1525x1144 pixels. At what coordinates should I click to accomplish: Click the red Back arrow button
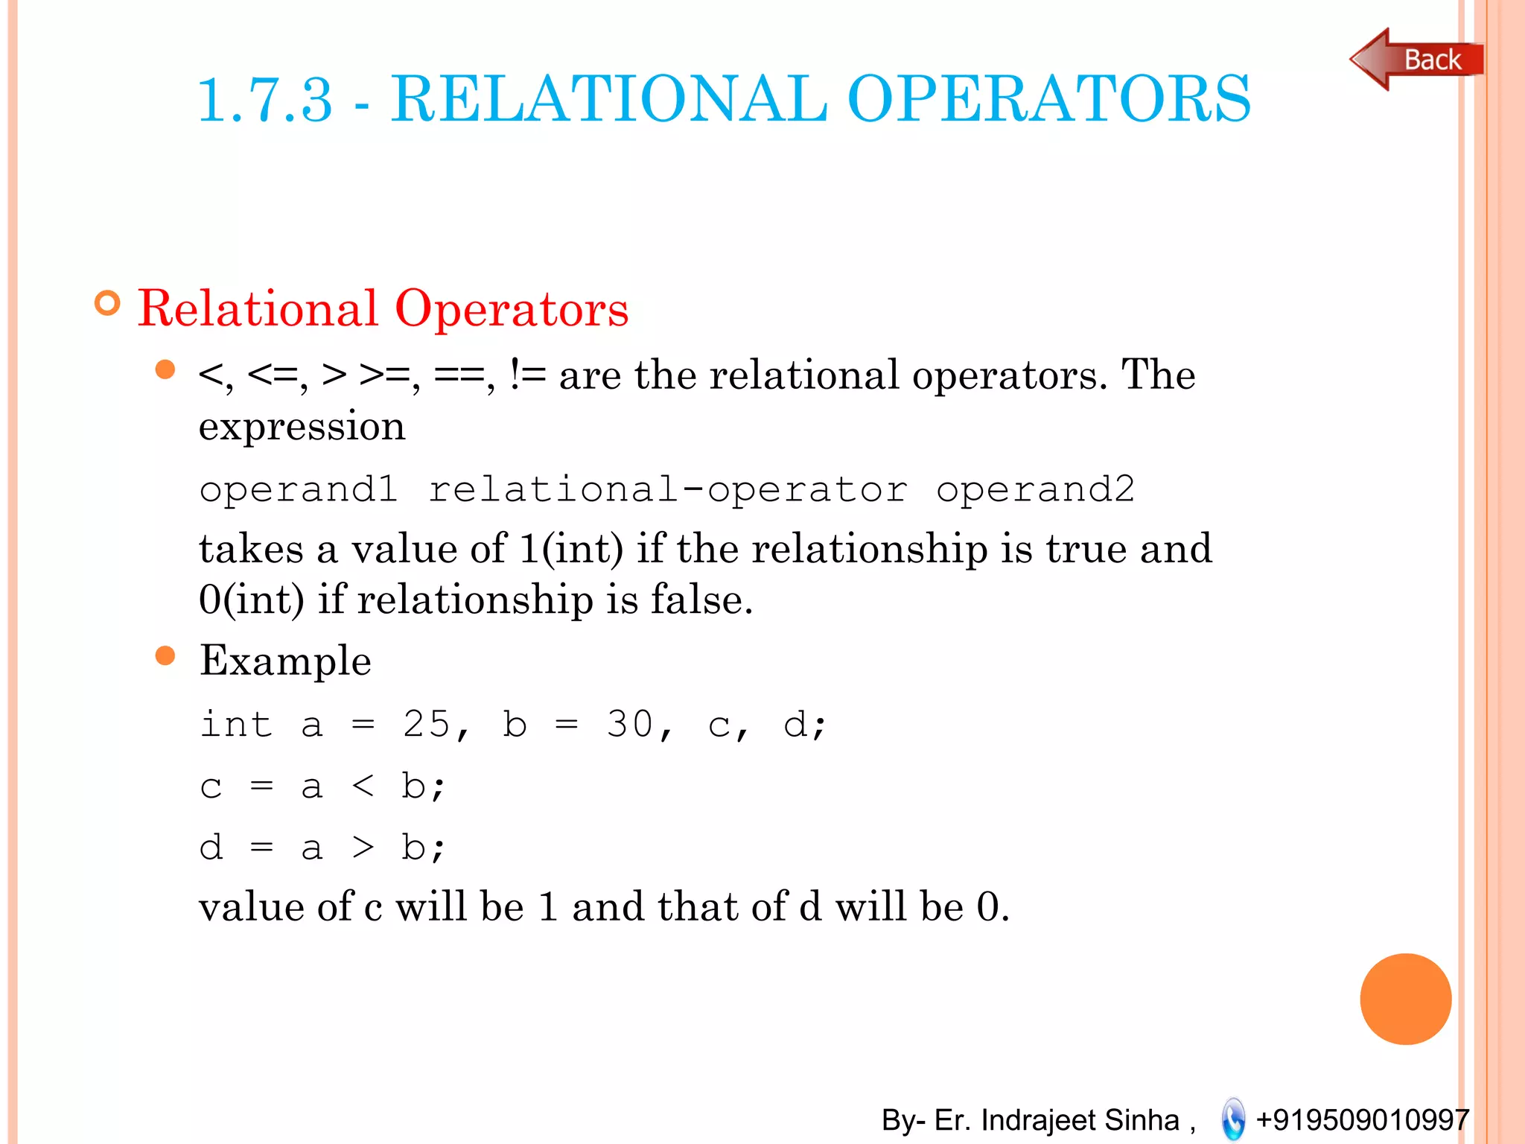point(1415,60)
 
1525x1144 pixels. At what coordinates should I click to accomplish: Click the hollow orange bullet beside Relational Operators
point(108,303)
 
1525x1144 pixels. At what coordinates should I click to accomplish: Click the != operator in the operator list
point(527,375)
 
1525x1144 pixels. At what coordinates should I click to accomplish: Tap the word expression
point(302,427)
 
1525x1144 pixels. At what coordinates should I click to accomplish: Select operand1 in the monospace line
point(298,490)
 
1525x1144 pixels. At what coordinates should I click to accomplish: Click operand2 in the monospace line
point(1035,490)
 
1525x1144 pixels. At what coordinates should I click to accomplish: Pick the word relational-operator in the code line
point(668,490)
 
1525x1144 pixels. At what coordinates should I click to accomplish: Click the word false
point(701,600)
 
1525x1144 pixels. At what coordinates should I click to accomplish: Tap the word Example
point(285,661)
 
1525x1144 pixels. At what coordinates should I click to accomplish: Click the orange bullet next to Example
point(165,656)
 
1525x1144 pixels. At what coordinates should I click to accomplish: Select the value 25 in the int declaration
point(426,724)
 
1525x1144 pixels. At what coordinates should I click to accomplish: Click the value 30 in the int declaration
point(630,724)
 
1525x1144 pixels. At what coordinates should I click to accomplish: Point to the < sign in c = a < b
point(363,786)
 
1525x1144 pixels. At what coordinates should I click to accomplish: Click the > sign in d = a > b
point(363,848)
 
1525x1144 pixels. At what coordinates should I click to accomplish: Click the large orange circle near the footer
point(1405,999)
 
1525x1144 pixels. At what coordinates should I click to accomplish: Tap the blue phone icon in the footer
point(1233,1119)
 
